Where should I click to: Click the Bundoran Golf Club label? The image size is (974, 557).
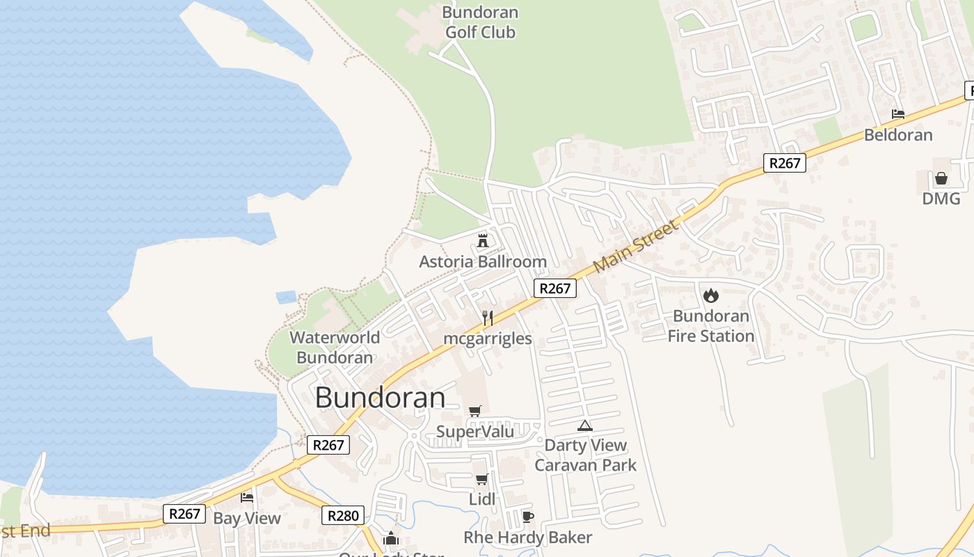click(480, 22)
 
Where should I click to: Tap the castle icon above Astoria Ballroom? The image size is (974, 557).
click(482, 241)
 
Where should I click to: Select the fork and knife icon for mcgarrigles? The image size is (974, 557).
click(488, 318)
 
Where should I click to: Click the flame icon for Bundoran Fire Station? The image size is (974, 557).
click(710, 295)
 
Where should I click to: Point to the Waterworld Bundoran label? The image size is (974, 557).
click(335, 347)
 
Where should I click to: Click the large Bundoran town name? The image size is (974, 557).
click(380, 398)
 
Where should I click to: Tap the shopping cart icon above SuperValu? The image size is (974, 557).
click(475, 411)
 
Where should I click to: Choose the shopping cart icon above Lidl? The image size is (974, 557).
click(481, 479)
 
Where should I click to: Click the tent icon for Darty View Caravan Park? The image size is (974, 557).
click(584, 425)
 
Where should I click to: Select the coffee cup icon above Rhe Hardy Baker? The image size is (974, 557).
click(527, 517)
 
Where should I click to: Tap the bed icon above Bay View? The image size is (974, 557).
click(247, 497)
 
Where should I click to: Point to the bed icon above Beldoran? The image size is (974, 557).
click(898, 113)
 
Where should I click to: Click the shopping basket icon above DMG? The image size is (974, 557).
click(941, 178)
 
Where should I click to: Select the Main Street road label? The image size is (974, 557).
click(636, 247)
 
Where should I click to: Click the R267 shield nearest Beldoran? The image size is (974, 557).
click(784, 163)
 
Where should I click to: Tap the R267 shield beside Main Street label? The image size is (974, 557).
click(555, 288)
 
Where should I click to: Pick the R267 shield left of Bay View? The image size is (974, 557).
click(184, 514)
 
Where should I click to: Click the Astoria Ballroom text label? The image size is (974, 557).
click(483, 262)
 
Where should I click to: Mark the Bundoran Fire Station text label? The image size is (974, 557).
click(711, 326)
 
